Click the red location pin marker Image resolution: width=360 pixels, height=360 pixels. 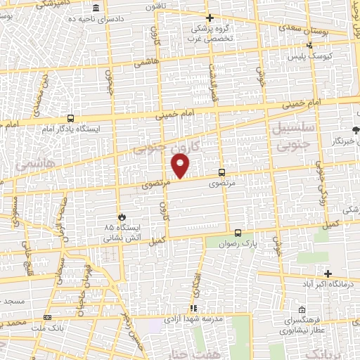pyautogui.click(x=181, y=165)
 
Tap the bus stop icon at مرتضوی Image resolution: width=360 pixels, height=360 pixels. pyautogui.click(x=222, y=172)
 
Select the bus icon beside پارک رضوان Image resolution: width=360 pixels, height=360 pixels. pyautogui.click(x=238, y=233)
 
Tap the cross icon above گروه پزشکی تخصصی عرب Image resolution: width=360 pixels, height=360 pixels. pyautogui.click(x=209, y=18)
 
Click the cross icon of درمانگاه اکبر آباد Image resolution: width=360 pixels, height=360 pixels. pyautogui.click(x=328, y=273)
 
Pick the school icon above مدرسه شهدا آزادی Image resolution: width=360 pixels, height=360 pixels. pyautogui.click(x=193, y=308)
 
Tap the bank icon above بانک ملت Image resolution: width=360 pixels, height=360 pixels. pyautogui.click(x=47, y=316)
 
